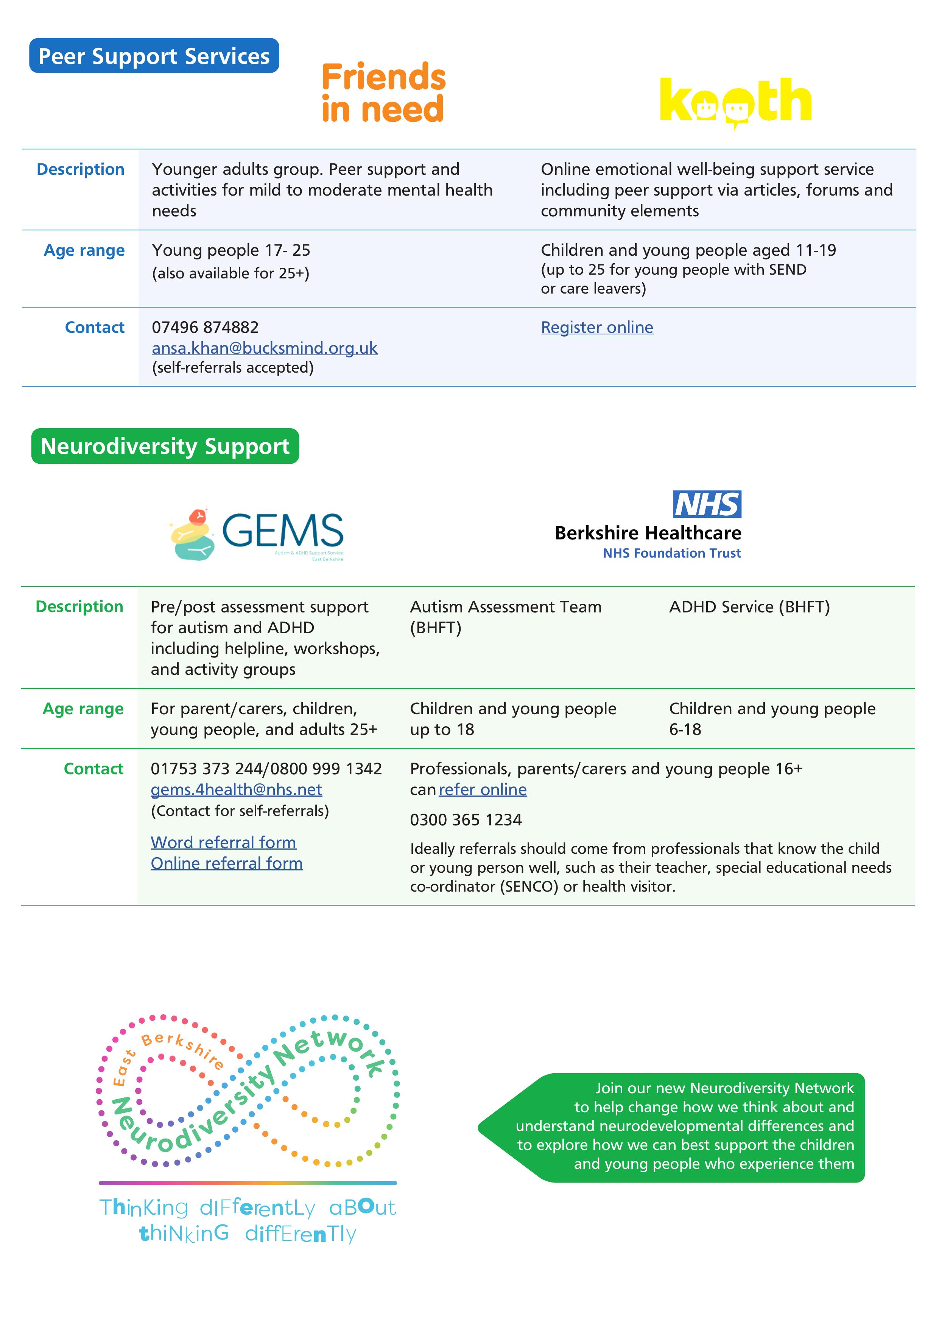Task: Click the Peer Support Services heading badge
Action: pos(154,56)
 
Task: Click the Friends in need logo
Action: pos(383,92)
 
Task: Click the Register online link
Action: pos(597,327)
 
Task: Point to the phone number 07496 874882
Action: pos(205,327)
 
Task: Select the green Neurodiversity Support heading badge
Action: pos(165,446)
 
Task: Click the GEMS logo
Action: pos(258,534)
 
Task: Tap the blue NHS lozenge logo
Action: pos(707,504)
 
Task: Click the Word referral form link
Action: pos(223,842)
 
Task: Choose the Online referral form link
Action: pos(227,863)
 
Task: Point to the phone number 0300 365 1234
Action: pos(466,820)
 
